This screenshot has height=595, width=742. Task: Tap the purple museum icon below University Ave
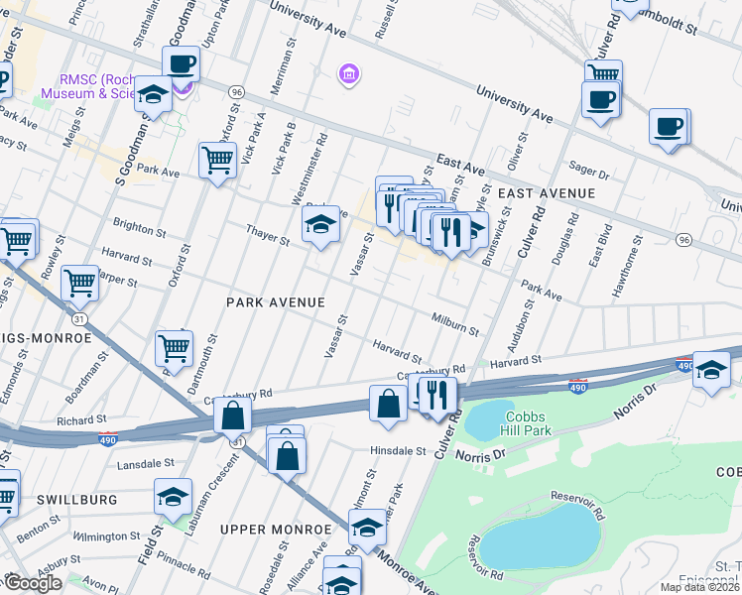point(348,74)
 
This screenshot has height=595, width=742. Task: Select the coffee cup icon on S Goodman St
point(181,64)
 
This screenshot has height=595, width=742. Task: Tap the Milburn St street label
point(455,324)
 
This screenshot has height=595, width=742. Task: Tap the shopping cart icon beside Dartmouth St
point(174,348)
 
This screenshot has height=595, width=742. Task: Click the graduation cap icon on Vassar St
point(320,228)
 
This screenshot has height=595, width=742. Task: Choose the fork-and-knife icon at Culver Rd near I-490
point(437,395)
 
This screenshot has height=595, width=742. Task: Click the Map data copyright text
point(699,587)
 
